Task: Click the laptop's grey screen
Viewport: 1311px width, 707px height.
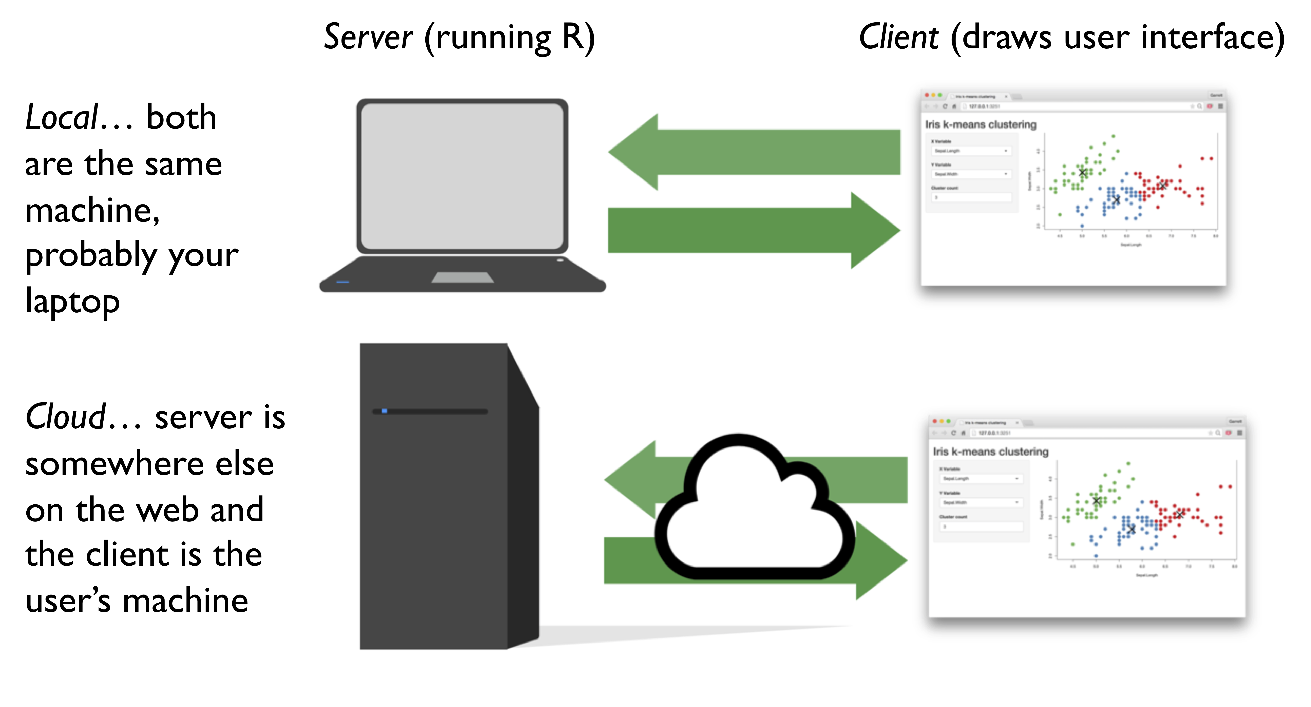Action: pos(462,176)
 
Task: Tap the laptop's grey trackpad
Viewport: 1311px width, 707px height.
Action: pos(462,277)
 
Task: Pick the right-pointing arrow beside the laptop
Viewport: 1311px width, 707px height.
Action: pos(753,230)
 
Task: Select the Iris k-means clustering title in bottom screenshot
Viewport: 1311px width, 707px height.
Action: pos(990,451)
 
